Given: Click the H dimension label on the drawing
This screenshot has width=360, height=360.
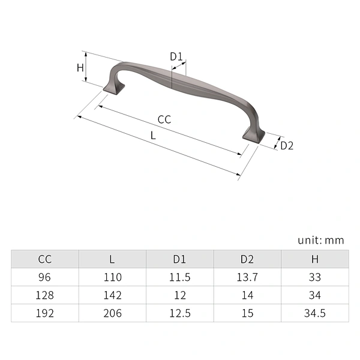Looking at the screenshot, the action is point(80,68).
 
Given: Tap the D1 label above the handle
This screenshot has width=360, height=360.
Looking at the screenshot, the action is point(176,56).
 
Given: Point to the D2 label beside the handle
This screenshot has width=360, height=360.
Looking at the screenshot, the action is point(287,146).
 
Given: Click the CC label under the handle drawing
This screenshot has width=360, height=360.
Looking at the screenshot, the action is point(164,119).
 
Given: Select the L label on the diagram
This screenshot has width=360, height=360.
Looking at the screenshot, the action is point(153,136).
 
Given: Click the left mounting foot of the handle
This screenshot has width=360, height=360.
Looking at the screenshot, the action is point(114,88).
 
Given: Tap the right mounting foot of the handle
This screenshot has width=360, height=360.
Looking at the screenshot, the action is point(254,137).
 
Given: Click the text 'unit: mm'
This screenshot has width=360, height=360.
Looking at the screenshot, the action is point(321,241).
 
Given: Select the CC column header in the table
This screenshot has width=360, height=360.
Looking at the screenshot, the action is point(45,259).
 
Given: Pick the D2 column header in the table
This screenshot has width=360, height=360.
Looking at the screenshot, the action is point(247,259).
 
